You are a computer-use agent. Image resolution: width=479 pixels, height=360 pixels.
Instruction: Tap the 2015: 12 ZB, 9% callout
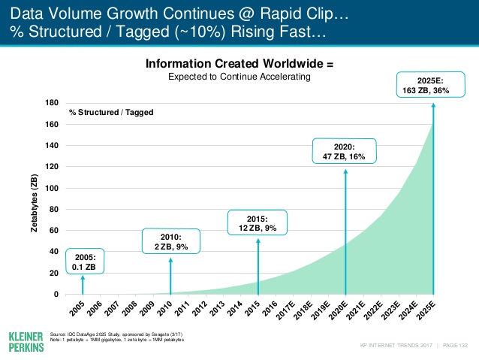[x=257, y=222]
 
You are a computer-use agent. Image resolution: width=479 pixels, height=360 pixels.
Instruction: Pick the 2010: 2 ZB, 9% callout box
[x=170, y=241]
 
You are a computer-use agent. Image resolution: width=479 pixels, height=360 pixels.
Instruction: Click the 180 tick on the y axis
[x=53, y=102]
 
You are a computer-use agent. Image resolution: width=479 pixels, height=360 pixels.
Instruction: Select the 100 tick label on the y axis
[x=53, y=188]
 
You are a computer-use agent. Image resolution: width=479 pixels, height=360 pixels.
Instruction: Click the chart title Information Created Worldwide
[x=239, y=65]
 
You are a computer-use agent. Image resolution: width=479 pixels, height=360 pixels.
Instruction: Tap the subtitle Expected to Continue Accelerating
[x=239, y=77]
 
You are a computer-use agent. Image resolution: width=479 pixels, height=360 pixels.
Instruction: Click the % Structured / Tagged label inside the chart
[x=111, y=112]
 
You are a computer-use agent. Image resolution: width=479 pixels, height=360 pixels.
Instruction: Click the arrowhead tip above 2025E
[x=432, y=105]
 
